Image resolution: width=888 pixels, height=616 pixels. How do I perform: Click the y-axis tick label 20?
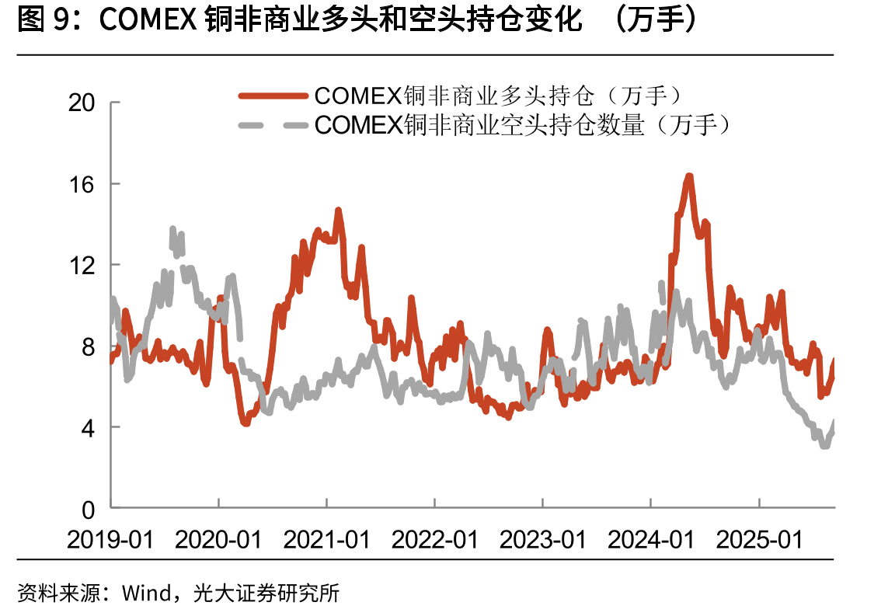pyautogui.click(x=82, y=103)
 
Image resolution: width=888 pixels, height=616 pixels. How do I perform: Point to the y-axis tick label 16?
pyautogui.click(x=82, y=184)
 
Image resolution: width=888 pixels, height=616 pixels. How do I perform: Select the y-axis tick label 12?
pyautogui.click(x=82, y=265)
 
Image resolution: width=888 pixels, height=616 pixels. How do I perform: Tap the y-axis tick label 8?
pyautogui.click(x=89, y=346)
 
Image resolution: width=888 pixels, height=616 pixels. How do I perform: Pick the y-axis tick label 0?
pyautogui.click(x=89, y=510)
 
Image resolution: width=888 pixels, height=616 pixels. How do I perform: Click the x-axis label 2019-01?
pyautogui.click(x=110, y=540)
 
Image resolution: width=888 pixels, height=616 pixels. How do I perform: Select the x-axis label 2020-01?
pyautogui.click(x=218, y=540)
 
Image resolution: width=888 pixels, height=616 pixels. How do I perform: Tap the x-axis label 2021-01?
pyautogui.click(x=327, y=540)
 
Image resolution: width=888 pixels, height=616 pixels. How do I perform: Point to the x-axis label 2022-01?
pyautogui.click(x=435, y=540)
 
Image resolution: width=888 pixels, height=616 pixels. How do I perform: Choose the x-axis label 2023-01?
pyautogui.click(x=543, y=540)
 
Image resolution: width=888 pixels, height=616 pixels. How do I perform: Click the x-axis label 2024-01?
pyautogui.click(x=651, y=540)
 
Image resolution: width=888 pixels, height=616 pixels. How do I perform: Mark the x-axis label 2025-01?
pyautogui.click(x=760, y=540)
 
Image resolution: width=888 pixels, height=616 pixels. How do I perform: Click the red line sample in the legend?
pyautogui.click(x=273, y=96)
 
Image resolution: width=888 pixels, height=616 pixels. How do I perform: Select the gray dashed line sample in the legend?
pyautogui.click(x=273, y=124)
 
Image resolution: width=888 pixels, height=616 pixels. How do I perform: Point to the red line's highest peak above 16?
pyautogui.click(x=689, y=176)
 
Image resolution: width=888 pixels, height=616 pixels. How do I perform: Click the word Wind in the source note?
pyautogui.click(x=147, y=593)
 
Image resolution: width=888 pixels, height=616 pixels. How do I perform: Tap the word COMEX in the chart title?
pyautogui.click(x=148, y=20)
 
